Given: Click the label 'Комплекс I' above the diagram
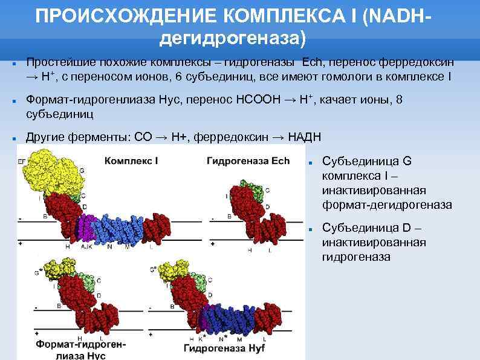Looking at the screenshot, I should coord(131,162).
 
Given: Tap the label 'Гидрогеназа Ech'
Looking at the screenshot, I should coord(248,162).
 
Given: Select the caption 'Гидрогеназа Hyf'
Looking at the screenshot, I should coord(221,349).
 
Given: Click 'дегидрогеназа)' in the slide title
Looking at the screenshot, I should coord(233,39).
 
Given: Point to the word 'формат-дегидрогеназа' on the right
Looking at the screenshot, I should coord(387,205).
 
